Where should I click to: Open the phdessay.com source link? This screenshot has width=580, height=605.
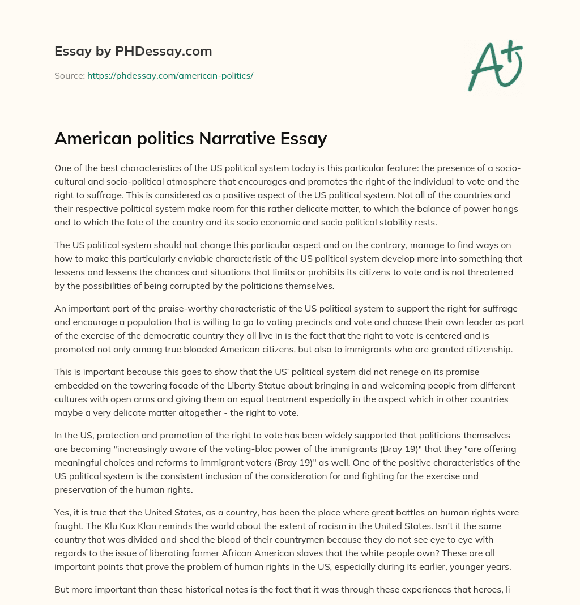tap(170, 75)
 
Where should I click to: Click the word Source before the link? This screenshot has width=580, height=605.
tap(69, 75)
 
